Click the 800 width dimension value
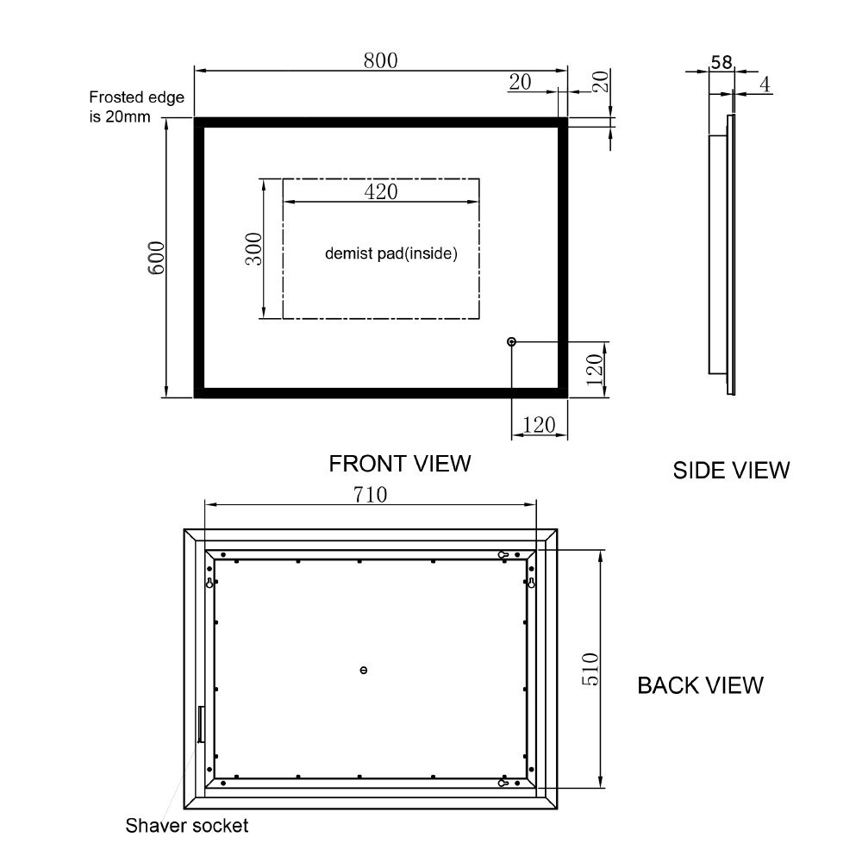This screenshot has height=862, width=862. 380,60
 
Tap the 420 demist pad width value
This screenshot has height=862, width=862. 381,191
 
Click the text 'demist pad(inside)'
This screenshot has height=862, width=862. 390,253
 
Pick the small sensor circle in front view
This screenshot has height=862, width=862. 513,342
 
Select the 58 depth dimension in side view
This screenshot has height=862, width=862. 721,62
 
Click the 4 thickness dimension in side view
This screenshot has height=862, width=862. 765,84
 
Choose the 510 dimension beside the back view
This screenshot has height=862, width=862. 590,669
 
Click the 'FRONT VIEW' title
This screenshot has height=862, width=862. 400,463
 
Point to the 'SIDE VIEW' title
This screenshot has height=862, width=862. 731,470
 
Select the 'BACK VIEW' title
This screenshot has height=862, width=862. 700,685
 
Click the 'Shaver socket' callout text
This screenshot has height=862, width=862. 187,826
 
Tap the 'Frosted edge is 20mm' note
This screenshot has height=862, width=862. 137,107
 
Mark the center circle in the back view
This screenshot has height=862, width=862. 363,670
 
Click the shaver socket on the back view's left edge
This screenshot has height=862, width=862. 201,723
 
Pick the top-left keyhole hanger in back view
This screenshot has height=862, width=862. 209,583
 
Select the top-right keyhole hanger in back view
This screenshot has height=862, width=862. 531,583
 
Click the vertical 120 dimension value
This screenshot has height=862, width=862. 592,370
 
